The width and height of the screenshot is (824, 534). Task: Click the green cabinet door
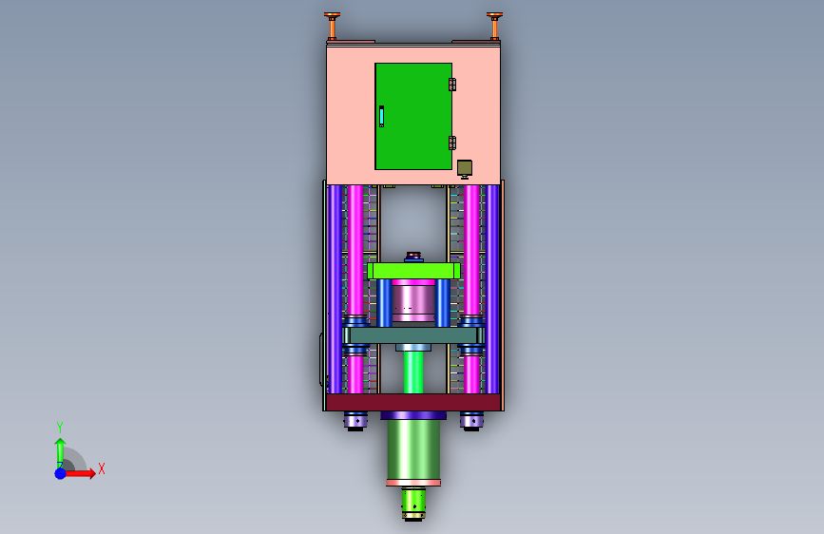click(x=413, y=116)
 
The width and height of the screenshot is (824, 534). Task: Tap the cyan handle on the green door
click(x=381, y=116)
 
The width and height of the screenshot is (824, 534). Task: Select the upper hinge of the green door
click(x=452, y=85)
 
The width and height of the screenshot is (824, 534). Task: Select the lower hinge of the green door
click(x=452, y=143)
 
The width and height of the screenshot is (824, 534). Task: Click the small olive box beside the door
click(x=465, y=168)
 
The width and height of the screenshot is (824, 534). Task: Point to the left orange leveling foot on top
click(x=332, y=26)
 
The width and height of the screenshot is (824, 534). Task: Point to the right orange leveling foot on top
click(x=494, y=26)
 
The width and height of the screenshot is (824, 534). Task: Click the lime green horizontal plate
click(x=413, y=271)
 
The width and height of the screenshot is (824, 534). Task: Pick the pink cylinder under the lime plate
click(x=413, y=300)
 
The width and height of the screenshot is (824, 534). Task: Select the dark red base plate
click(x=413, y=402)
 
